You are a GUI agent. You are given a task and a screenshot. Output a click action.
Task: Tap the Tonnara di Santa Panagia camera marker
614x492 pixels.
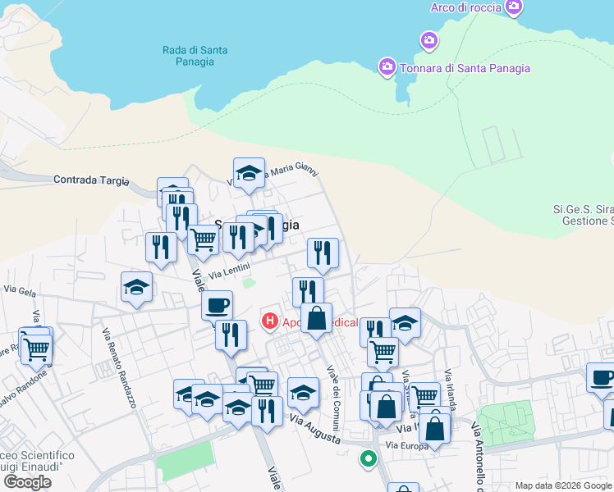(x=387, y=66)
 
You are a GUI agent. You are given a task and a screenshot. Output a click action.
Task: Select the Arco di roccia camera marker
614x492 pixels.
(x=515, y=8)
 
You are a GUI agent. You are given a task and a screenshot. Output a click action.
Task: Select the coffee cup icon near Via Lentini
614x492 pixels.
(x=217, y=306)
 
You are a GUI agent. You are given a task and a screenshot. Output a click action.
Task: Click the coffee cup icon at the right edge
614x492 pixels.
(x=602, y=378)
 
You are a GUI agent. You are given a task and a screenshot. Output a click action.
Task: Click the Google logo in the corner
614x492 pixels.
(x=27, y=481)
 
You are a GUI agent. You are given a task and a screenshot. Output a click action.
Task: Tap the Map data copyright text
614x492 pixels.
(x=563, y=485)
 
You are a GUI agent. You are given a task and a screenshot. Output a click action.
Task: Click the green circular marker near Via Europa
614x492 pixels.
(x=369, y=459)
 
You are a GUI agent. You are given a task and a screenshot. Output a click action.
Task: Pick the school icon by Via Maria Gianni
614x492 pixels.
(x=249, y=173)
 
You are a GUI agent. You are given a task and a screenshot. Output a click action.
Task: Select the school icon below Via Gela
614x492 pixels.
(x=136, y=287)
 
